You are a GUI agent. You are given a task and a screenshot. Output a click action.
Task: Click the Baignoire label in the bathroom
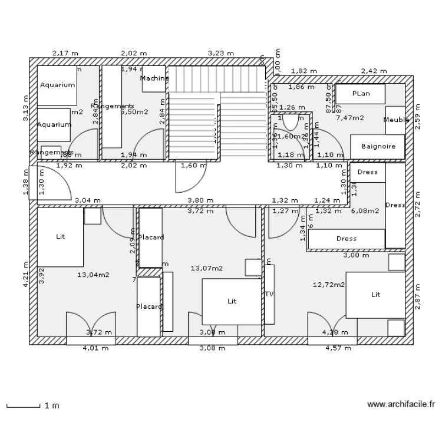(x=378, y=146)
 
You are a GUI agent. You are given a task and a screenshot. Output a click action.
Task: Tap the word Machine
(x=154, y=78)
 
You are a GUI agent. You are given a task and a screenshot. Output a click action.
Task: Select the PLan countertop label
(x=361, y=94)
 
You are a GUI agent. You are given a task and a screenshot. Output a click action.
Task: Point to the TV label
(x=269, y=294)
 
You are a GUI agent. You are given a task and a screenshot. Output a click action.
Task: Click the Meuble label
(x=396, y=120)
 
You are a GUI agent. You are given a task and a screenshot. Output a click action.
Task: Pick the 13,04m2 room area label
(x=93, y=275)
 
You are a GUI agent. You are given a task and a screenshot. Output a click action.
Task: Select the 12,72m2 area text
(x=328, y=285)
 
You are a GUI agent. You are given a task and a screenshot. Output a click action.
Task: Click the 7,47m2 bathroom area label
(x=349, y=118)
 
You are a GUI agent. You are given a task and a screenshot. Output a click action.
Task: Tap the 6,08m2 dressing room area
(x=365, y=210)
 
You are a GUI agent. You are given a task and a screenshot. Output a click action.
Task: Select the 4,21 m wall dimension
(x=25, y=275)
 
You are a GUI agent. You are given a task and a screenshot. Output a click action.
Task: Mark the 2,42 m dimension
(x=374, y=71)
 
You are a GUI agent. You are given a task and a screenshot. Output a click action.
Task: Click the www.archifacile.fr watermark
(x=401, y=405)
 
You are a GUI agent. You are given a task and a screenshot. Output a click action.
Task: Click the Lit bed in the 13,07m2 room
(x=232, y=301)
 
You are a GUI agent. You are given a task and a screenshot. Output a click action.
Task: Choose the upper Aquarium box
(x=57, y=85)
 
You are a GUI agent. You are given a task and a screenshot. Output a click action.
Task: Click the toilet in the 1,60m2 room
(x=289, y=121)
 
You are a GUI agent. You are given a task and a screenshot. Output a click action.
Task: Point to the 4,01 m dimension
(x=96, y=348)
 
